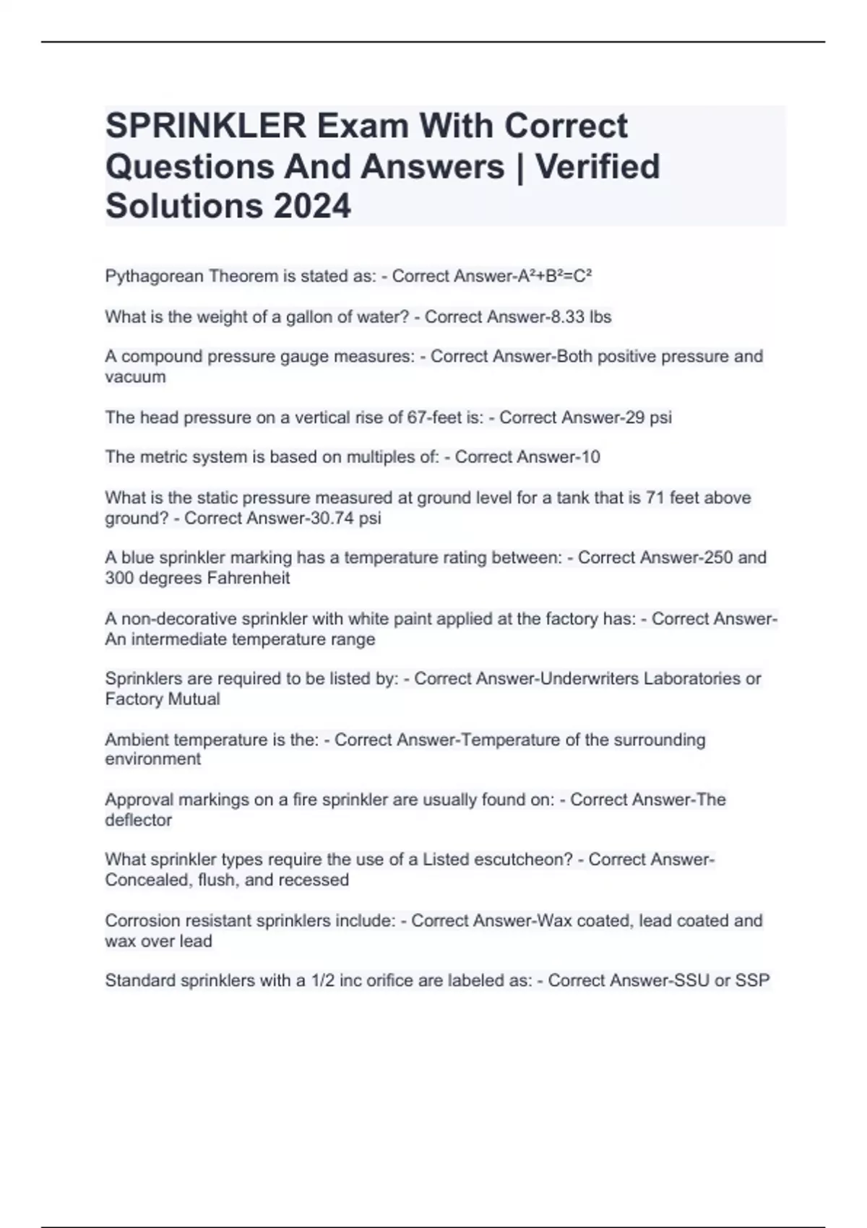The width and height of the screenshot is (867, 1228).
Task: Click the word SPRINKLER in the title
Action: click(206, 126)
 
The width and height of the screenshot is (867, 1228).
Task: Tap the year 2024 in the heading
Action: click(312, 206)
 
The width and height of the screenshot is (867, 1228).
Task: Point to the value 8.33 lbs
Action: click(581, 316)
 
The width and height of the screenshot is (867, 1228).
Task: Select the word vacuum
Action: click(135, 376)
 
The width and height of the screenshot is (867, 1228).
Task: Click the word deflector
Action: click(138, 820)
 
